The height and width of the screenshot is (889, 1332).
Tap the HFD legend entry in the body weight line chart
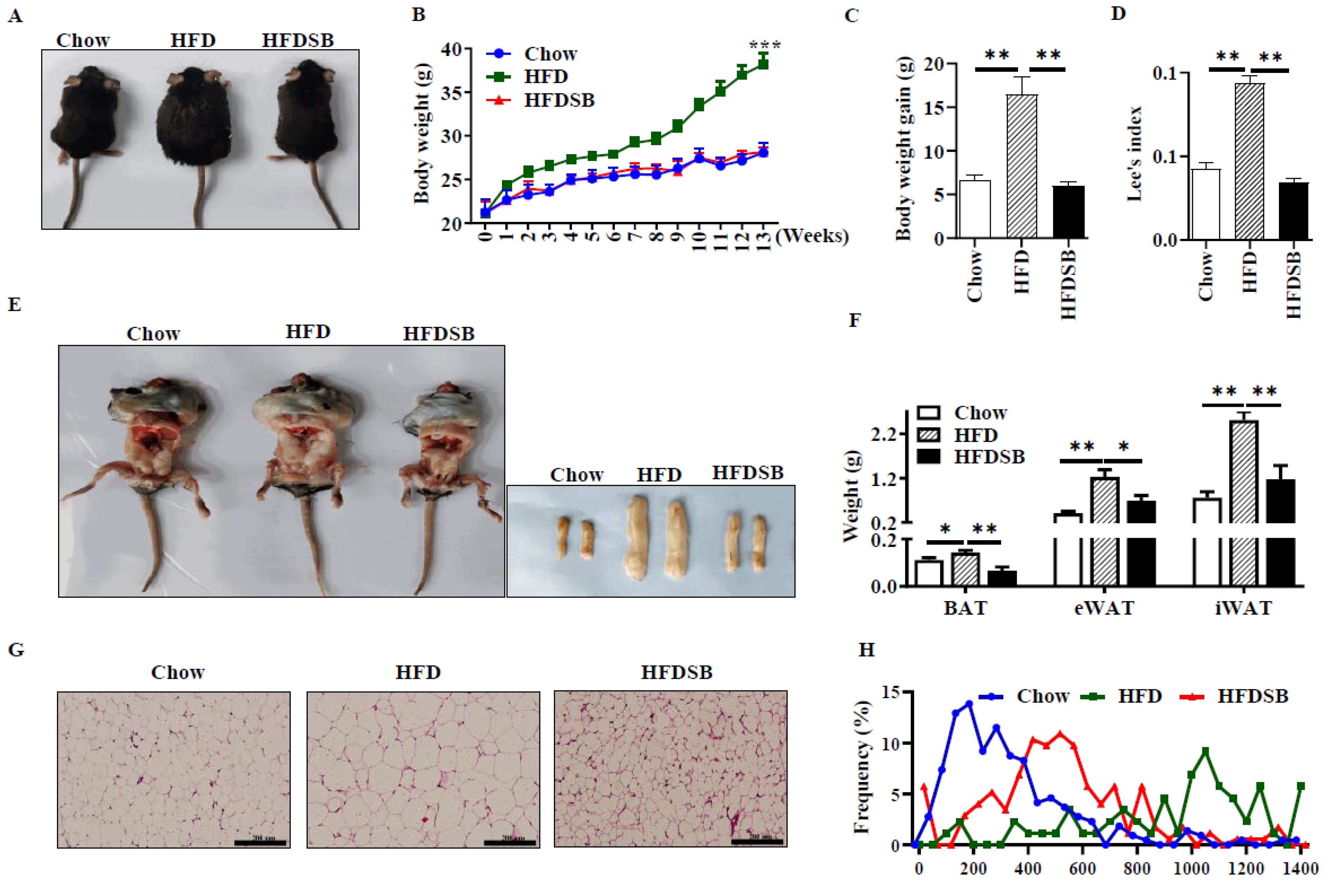click(545, 77)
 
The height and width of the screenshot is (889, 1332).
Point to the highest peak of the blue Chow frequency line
click(969, 703)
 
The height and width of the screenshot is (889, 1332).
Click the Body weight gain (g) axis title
click(904, 148)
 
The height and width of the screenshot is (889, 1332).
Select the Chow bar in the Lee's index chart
click(1205, 204)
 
